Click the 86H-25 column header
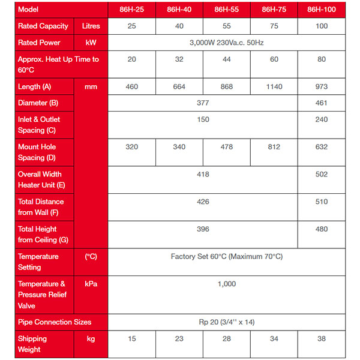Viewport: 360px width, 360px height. click(x=131, y=10)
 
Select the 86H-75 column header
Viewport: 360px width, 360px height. click(x=274, y=10)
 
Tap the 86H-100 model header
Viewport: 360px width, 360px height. click(x=322, y=10)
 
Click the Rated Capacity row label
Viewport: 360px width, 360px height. click(x=43, y=26)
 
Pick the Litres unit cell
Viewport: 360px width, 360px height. click(x=91, y=26)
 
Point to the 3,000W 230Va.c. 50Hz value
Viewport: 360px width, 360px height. click(x=227, y=43)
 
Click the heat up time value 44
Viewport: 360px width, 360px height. click(x=227, y=59)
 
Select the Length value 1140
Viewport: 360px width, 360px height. click(x=274, y=87)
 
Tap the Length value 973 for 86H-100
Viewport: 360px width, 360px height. click(x=322, y=87)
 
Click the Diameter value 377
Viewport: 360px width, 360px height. click(x=203, y=103)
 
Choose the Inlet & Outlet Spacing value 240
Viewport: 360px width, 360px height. click(x=322, y=119)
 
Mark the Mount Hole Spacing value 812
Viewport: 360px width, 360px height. click(x=274, y=147)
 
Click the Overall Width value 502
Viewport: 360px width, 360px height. click(x=322, y=175)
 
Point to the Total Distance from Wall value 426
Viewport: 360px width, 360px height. click(x=203, y=202)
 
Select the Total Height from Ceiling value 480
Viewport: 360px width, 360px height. click(x=322, y=229)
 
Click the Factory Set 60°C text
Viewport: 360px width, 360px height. click(x=227, y=257)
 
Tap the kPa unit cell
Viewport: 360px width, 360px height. click(x=91, y=284)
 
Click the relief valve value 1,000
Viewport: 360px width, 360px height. click(x=227, y=284)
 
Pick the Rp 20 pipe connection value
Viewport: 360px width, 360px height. click(x=227, y=322)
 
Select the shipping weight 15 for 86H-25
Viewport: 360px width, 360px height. click(x=131, y=339)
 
